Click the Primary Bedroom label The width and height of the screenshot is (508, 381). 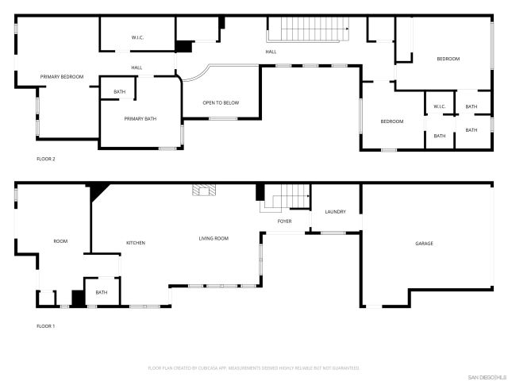[62, 76]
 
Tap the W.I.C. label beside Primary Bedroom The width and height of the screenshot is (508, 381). [137, 38]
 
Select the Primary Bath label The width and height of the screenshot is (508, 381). [140, 118]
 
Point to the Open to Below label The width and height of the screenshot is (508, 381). [221, 102]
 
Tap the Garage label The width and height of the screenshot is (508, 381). [424, 243]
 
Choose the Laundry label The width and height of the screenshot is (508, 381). [335, 212]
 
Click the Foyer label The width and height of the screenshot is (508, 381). [284, 221]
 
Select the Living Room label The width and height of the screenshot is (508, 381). [214, 238]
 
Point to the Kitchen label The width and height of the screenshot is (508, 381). [136, 242]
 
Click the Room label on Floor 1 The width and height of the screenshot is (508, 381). [60, 241]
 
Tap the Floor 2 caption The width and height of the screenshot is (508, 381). [46, 159]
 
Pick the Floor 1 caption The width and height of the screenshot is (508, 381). [46, 326]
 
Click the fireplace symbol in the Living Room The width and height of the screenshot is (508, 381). [204, 190]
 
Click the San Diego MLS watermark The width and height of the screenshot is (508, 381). [487, 376]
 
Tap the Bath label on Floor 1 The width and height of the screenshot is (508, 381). [102, 292]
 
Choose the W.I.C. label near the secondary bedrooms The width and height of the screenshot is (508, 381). [440, 106]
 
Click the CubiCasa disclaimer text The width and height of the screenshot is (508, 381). [254, 368]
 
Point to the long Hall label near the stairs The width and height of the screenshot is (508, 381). [271, 52]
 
